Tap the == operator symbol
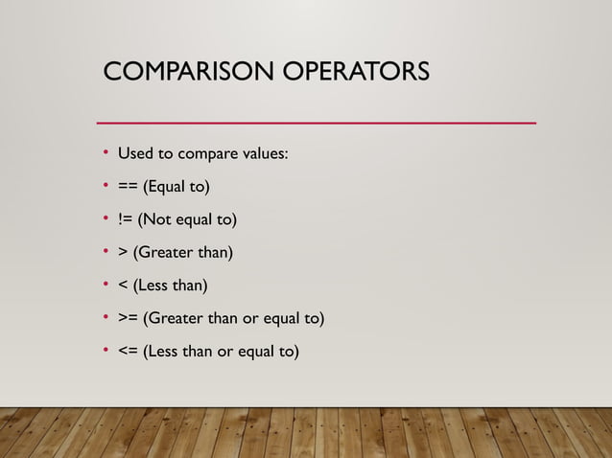point(129,185)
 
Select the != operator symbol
point(126,219)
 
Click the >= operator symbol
point(129,318)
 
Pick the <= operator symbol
point(129,352)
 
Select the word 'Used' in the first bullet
point(134,152)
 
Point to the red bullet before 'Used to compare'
point(106,153)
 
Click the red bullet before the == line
point(106,186)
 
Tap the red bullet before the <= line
point(106,353)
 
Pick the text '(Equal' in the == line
point(166,186)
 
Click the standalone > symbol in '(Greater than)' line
point(123,253)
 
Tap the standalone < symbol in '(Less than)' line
point(123,286)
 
